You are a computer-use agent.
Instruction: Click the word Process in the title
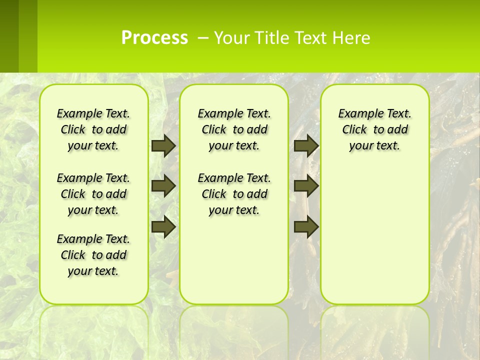[x=154, y=37]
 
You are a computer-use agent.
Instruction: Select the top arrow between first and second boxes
[x=163, y=145]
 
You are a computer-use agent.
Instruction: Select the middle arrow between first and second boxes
[x=163, y=186]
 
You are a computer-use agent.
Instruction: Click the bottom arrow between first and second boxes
[x=163, y=227]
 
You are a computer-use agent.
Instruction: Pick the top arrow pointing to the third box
[x=306, y=145]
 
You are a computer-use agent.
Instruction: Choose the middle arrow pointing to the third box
[x=306, y=186]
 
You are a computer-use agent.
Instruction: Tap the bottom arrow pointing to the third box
[x=306, y=227]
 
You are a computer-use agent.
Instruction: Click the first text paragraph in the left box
[x=93, y=129]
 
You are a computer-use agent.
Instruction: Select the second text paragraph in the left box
[x=93, y=194]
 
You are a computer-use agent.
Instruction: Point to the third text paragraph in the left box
[x=93, y=255]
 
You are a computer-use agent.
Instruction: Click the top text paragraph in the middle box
[x=234, y=129]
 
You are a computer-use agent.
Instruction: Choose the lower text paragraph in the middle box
[x=234, y=194]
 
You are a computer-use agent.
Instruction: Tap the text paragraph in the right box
[x=375, y=129]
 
